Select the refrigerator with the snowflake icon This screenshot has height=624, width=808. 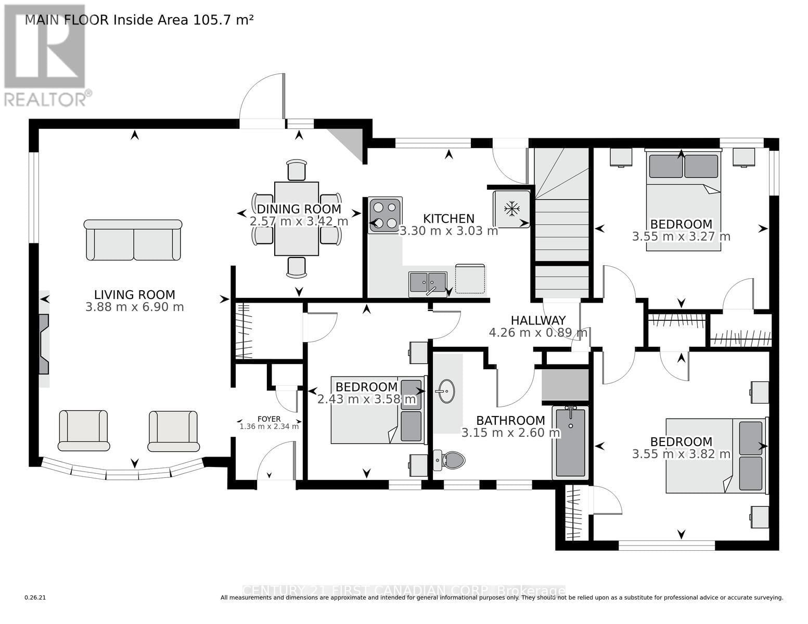click(512, 209)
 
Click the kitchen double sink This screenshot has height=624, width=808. click(428, 283)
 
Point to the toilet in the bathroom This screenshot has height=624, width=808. click(451, 460)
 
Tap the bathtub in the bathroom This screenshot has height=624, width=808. click(570, 443)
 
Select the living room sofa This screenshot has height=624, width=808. click(133, 240)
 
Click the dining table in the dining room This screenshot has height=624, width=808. click(297, 219)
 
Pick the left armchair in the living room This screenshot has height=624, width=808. click(84, 430)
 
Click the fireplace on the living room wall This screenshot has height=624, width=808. click(44, 344)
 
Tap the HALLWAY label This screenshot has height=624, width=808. click(537, 320)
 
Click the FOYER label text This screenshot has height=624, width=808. click(269, 419)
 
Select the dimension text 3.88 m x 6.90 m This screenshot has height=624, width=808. click(134, 307)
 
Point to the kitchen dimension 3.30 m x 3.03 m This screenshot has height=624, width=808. click(448, 230)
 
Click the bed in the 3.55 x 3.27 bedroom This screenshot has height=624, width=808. click(683, 200)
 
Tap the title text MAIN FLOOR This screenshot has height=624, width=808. click(67, 20)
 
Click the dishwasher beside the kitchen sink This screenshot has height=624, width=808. click(470, 279)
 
